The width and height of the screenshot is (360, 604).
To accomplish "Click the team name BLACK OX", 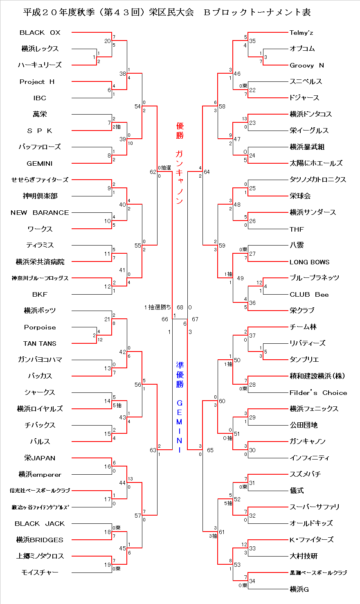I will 40,32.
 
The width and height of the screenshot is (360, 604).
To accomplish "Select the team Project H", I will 37,82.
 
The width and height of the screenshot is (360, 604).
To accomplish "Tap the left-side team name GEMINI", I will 40,164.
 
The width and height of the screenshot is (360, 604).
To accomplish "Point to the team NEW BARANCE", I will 40,213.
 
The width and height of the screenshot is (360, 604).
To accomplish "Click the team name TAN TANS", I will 40,344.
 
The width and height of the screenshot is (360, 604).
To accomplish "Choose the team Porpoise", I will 40,327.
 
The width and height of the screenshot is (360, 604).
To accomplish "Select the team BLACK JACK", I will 40,524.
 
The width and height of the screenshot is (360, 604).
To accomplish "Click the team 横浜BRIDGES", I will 40,540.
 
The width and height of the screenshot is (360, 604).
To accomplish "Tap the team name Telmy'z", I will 301,32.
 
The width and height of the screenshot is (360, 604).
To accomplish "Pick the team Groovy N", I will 306,65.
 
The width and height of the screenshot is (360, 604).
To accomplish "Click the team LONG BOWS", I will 309,262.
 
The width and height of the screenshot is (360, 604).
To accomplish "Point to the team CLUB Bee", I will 309,295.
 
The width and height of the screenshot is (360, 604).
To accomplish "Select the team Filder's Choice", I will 318,393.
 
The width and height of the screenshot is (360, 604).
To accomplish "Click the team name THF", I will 297,229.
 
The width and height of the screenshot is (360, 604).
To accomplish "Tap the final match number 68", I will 180,307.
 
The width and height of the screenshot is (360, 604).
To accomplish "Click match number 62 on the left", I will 153,172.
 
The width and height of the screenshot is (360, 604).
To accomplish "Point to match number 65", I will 210,451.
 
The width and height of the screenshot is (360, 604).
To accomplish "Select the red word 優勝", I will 180,131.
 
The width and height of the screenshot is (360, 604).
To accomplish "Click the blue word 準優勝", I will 180,374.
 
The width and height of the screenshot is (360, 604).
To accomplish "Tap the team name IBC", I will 40,98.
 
